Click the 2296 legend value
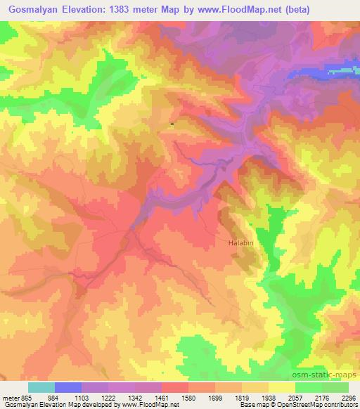tap(348, 398)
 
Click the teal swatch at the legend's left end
tap(41, 387)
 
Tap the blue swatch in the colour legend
tap(68, 387)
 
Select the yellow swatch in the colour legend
tap(282, 387)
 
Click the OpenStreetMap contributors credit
tap(323, 405)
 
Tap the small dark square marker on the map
tap(172, 124)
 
